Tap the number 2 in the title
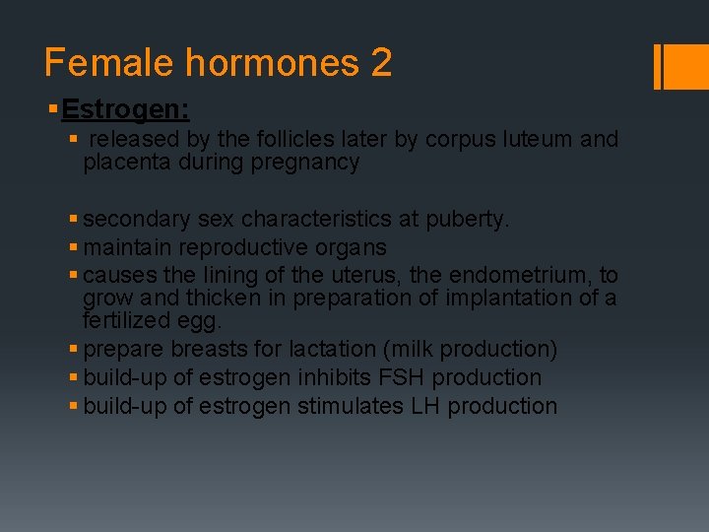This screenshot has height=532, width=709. tap(381, 63)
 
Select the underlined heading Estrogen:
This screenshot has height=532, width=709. tap(125, 107)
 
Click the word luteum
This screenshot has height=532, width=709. tap(540, 140)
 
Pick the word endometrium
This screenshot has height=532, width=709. tap(522, 276)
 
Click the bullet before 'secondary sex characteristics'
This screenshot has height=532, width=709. tap(75, 220)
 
